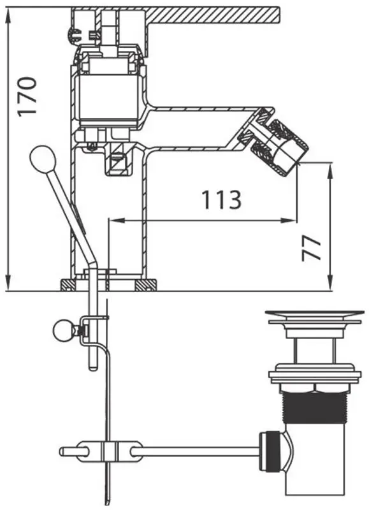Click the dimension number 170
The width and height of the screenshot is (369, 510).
coord(27,96)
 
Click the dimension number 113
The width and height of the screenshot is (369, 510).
coord(222,200)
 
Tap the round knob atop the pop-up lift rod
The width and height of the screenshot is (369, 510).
coord(43,157)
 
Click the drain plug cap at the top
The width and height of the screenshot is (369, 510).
coord(314,315)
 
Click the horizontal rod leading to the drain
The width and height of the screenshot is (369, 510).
coord(198,451)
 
